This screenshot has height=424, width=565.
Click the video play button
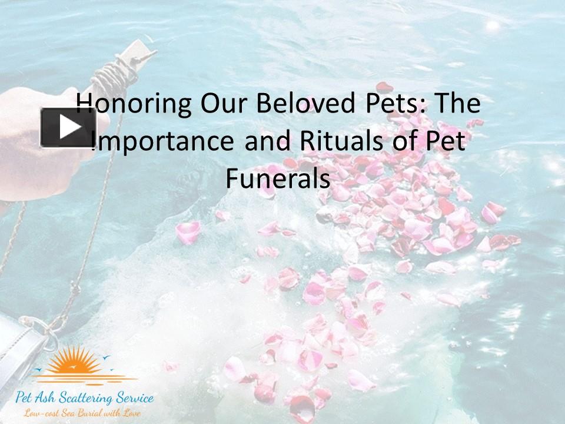[68, 127]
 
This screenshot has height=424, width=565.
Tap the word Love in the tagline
[132, 413]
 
